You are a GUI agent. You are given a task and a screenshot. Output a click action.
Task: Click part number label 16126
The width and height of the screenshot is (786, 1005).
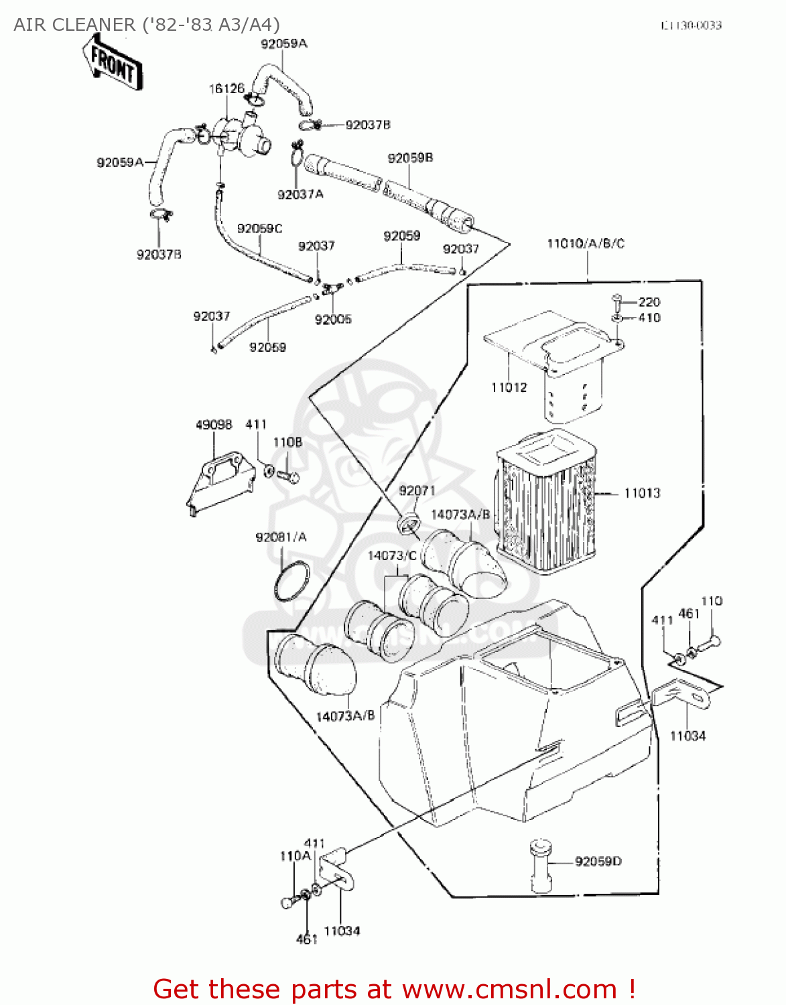[x=226, y=88]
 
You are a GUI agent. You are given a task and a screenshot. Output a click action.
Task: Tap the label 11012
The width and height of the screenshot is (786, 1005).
[x=509, y=387]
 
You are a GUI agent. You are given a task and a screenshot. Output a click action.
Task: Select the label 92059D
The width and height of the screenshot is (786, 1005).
[x=598, y=861]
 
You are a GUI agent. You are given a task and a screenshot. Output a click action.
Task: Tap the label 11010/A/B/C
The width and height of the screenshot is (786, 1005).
[x=586, y=243]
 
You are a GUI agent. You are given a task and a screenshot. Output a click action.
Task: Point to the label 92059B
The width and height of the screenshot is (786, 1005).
[x=410, y=158]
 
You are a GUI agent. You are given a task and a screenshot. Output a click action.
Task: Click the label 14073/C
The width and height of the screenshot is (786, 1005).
[x=392, y=555]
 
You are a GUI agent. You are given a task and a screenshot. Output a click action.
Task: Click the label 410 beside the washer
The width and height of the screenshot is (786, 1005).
[x=649, y=318]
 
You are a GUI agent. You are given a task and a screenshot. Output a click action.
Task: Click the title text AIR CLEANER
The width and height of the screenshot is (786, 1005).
[x=74, y=25]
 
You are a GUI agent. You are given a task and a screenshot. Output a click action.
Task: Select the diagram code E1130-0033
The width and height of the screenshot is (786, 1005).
[x=691, y=25]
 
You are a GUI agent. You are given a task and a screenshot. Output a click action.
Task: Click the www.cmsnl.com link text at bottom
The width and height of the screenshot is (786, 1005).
[x=510, y=989]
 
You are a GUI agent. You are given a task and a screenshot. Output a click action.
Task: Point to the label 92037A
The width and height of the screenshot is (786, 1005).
[x=300, y=194]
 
